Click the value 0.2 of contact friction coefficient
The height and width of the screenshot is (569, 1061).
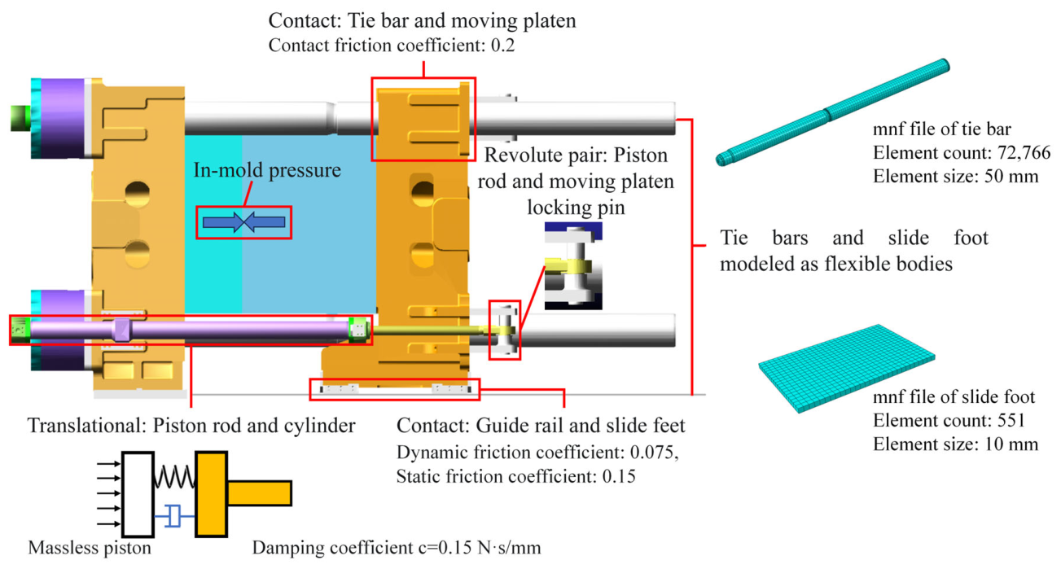pyautogui.click(x=502, y=46)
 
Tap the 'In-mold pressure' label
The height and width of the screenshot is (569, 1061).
pyautogui.click(x=267, y=170)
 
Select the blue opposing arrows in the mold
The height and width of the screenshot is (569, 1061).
pyautogui.click(x=244, y=222)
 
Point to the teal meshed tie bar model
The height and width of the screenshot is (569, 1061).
pyautogui.click(x=833, y=112)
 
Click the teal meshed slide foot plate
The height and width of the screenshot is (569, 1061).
pyautogui.click(x=846, y=368)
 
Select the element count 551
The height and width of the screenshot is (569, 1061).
pyautogui.click(x=1011, y=420)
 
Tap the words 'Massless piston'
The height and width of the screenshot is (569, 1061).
pyautogui.click(x=90, y=548)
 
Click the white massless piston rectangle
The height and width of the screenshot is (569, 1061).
pyautogui.click(x=138, y=494)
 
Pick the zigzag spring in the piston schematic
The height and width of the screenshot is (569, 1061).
pyautogui.click(x=174, y=477)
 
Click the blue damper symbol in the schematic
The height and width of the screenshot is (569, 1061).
pyautogui.click(x=174, y=516)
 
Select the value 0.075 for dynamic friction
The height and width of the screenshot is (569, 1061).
pyautogui.click(x=651, y=453)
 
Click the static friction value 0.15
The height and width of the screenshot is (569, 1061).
pyautogui.click(x=619, y=476)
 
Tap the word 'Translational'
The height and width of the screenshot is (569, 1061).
pyautogui.click(x=87, y=426)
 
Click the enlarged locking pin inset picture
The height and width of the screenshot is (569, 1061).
pyautogui.click(x=573, y=265)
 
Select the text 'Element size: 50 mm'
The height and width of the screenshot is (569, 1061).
pyautogui.click(x=956, y=177)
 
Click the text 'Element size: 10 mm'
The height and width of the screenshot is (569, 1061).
pyautogui.click(x=956, y=444)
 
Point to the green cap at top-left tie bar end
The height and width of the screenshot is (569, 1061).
pyautogui.click(x=20, y=118)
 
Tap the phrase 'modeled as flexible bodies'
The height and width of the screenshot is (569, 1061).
pyautogui.click(x=836, y=264)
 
